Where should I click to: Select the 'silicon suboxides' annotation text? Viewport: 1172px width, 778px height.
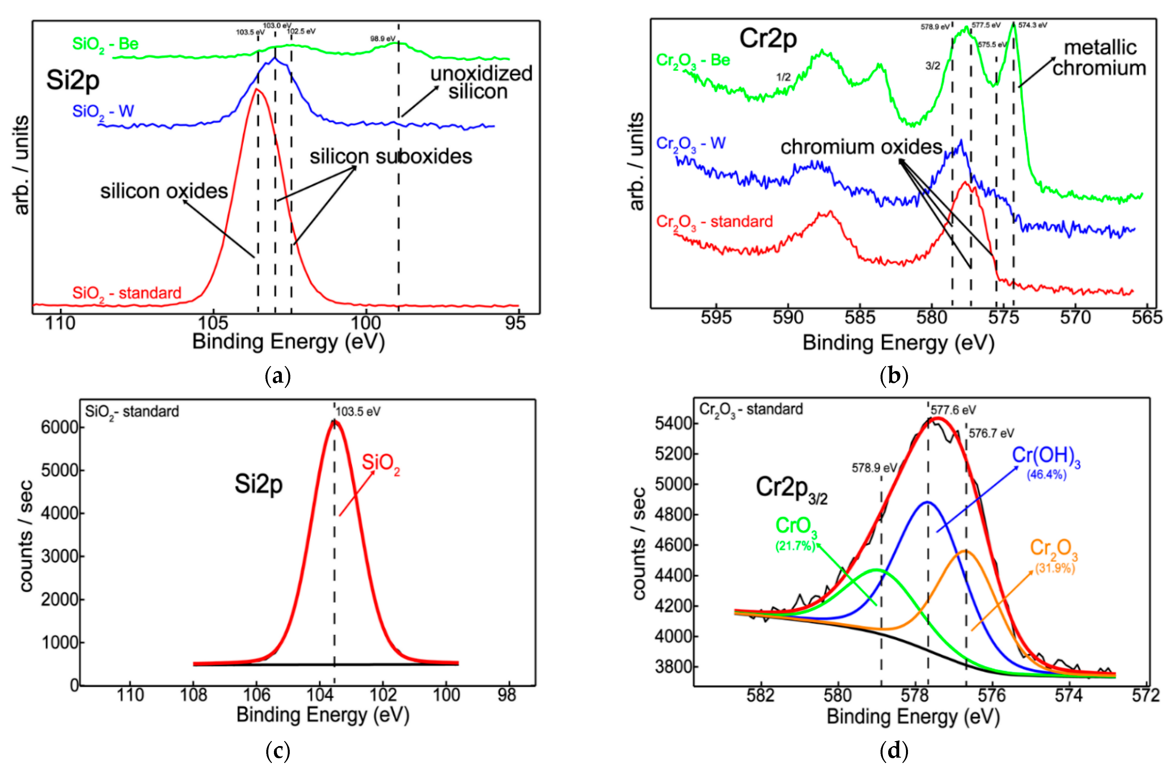tap(391, 157)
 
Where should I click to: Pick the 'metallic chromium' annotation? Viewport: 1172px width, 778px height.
tap(1099, 58)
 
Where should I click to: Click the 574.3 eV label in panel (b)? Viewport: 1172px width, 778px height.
tap(1033, 25)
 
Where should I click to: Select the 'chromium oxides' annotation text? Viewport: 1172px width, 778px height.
tap(861, 147)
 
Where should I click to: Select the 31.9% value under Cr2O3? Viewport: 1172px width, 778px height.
tap(1055, 568)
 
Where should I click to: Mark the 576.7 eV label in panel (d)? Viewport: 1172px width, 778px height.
tap(991, 434)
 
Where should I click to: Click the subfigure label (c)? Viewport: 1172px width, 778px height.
tap(278, 751)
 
